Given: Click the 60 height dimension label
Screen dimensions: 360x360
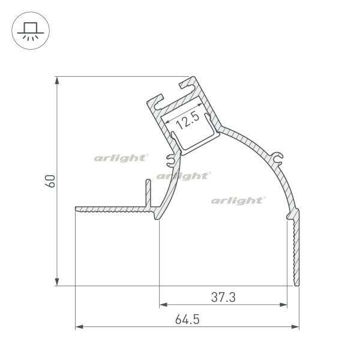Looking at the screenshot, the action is point(50,181).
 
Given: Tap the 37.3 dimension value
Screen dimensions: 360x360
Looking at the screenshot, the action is point(223,297).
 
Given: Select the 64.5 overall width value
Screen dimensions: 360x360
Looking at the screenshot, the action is point(187,319).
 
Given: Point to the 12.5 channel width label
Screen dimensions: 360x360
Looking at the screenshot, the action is point(188,121).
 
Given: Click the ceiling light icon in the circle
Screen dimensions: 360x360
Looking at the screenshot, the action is point(31,31).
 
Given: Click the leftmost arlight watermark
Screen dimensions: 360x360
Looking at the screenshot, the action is point(121,158).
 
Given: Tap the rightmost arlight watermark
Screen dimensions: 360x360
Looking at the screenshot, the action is point(238,200).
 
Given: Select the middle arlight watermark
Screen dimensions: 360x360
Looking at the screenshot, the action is point(184,176).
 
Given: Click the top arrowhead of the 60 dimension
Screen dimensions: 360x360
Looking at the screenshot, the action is point(57,80).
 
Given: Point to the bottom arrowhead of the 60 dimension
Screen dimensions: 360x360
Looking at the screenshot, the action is point(57,282).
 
